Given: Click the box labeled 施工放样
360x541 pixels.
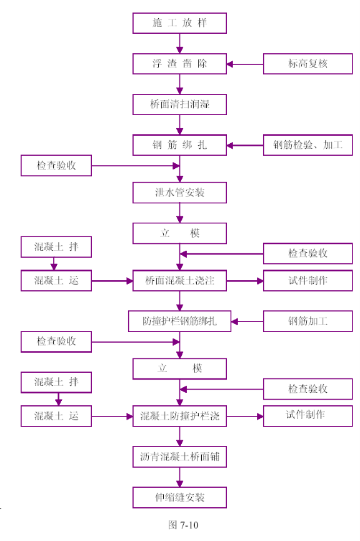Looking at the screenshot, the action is pos(179,23).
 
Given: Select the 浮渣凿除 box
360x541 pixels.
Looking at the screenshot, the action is pos(179,64).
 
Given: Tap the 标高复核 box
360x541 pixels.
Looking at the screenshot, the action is pos(308,64).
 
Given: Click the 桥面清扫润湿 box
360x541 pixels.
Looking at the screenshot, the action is pos(179,104).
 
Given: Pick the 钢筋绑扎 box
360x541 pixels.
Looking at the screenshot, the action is pos(179,145).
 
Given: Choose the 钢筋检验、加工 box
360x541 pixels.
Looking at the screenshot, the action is pos(308,145).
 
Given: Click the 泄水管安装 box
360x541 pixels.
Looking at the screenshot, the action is pos(179,193).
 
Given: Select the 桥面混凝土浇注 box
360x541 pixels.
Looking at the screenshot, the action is pos(179,280).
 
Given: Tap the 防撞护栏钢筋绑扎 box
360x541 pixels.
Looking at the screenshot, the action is pos(179,321).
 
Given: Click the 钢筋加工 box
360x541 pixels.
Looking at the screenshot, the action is pos(308,321).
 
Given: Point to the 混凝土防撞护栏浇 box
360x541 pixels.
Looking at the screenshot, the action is pos(179,416).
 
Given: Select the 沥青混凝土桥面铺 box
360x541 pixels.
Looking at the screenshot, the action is pos(179,457).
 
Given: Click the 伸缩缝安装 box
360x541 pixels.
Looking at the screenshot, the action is pos(179,497).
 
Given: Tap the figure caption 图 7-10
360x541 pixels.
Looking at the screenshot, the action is pos(183,525).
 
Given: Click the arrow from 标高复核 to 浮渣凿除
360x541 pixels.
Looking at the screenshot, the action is pos(245,64).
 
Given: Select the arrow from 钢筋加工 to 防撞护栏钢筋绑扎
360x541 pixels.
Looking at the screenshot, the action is pos(247,321).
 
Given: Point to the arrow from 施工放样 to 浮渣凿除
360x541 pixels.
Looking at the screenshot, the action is pos(179,44).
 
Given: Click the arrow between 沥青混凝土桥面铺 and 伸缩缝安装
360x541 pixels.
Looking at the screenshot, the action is pos(179,477).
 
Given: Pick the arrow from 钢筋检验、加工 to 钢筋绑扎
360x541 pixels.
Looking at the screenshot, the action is pos(245,146).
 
